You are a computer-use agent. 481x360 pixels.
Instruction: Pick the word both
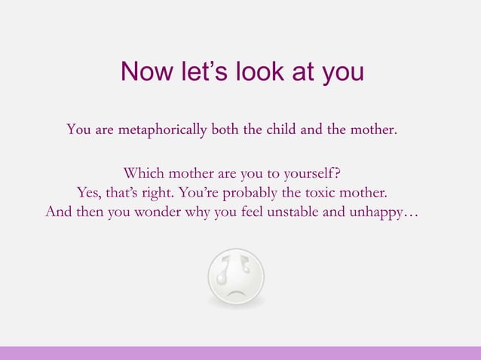pos(224,130)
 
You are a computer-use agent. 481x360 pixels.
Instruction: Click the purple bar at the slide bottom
pos(240,352)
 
